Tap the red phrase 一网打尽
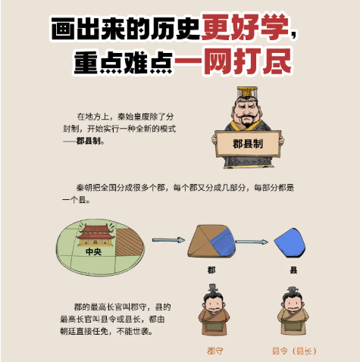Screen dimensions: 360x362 [233, 61]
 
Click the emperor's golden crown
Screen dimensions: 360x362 [247, 92]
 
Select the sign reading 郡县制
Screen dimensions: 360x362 [248, 144]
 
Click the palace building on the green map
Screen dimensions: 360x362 [95, 236]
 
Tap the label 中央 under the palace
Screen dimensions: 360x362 [93, 251]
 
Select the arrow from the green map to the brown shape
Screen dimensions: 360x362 [168, 240]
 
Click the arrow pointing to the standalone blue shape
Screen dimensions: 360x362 [252, 242]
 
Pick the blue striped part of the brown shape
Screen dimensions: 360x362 [222, 242]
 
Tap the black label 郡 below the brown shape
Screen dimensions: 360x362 [211, 270]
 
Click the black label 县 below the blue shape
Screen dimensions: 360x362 [293, 270]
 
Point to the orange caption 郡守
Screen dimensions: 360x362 [214, 351]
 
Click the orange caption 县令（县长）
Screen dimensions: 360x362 [294, 351]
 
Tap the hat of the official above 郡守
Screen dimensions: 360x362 [213, 289]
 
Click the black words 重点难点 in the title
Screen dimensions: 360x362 [123, 63]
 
